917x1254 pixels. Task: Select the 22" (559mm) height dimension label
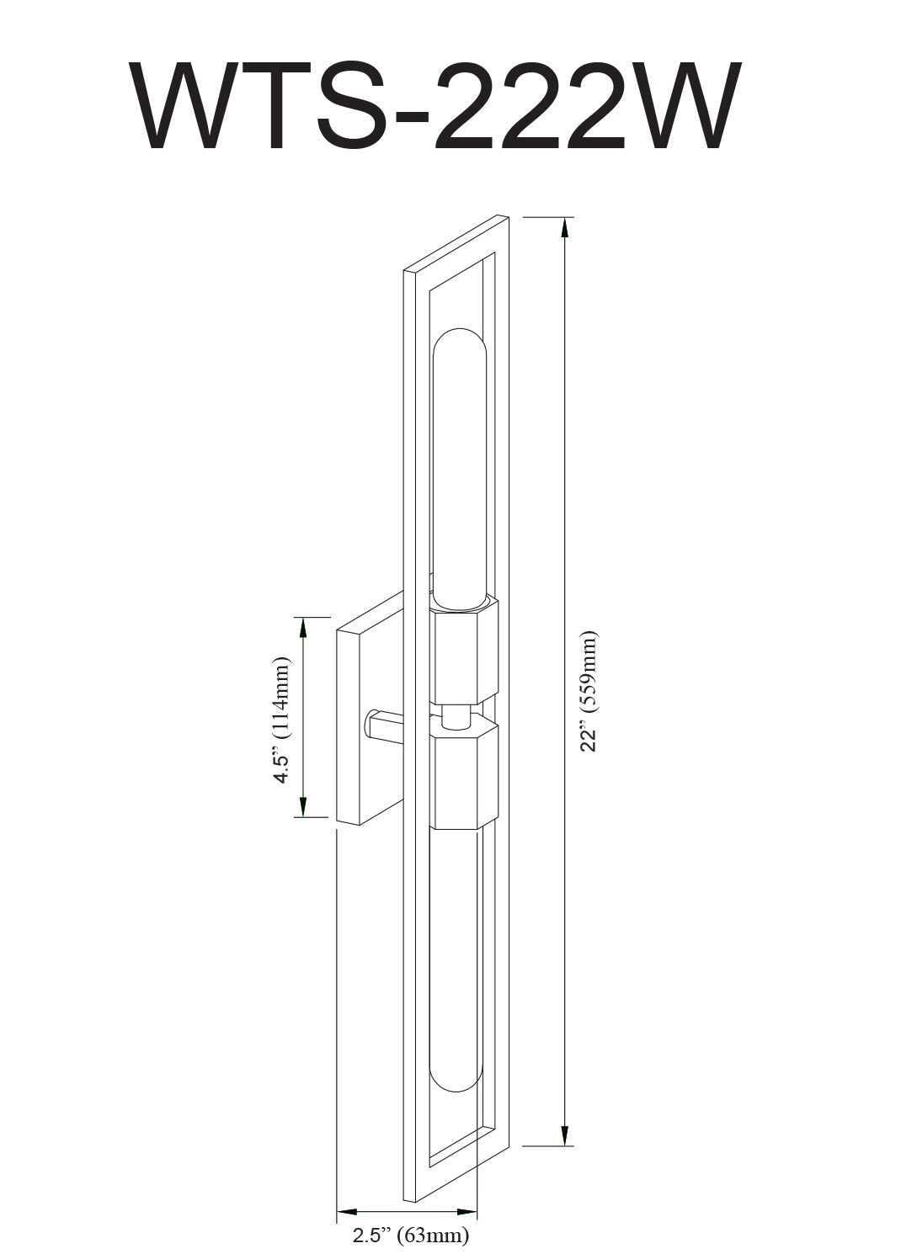589,691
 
